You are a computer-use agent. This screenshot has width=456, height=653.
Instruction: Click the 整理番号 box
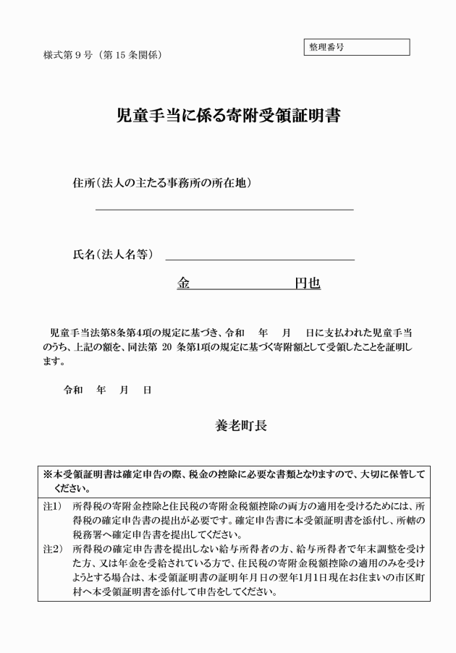click(x=357, y=47)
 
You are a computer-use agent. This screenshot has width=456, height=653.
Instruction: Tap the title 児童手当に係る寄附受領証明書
click(x=228, y=116)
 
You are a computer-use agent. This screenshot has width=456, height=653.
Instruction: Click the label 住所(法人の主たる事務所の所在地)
click(x=162, y=183)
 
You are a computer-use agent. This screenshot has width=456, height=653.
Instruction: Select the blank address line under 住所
click(x=224, y=208)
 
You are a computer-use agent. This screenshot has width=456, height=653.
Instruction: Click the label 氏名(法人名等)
click(x=113, y=255)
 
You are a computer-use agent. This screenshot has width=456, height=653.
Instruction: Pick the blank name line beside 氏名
click(x=260, y=257)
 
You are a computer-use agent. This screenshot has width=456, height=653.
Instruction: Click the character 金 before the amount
click(x=183, y=284)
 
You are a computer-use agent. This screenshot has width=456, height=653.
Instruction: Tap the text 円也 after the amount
click(x=307, y=284)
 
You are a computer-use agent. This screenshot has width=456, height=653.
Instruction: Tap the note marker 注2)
click(x=52, y=548)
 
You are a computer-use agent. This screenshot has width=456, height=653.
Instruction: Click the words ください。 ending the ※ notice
click(x=71, y=488)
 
